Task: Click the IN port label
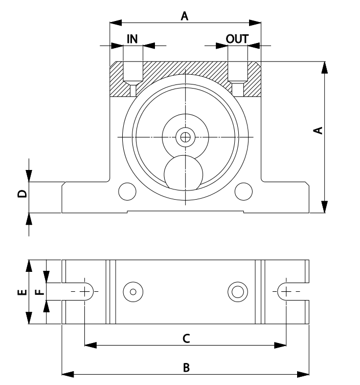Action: [x=132, y=39]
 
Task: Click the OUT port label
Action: [x=237, y=39]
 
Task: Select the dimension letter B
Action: [x=187, y=367]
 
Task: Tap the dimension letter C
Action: [x=187, y=338]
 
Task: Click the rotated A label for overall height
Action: [x=318, y=130]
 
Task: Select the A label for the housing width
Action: [x=185, y=16]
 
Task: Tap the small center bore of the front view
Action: [x=185, y=137]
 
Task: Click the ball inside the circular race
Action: [x=182, y=173]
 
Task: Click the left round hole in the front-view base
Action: [x=127, y=191]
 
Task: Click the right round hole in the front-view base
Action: [x=243, y=191]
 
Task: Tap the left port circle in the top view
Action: [x=133, y=291]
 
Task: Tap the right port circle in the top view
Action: [x=237, y=291]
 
